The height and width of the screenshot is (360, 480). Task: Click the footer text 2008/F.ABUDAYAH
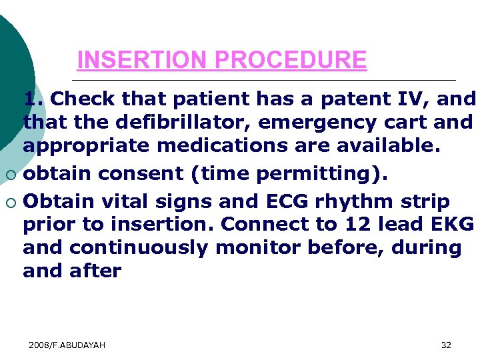67,345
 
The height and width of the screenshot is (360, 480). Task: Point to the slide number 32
446,345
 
